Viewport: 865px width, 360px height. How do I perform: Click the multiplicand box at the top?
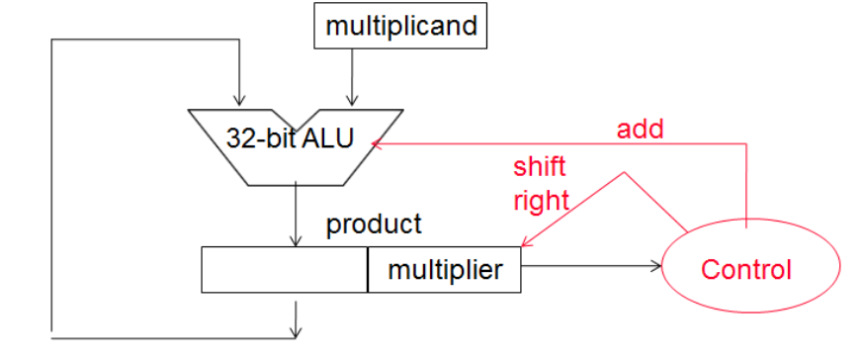[x=400, y=25]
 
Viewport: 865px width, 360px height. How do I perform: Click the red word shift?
[x=539, y=165]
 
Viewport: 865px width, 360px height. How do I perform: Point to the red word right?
[x=541, y=200]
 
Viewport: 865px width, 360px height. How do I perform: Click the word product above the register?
[x=374, y=224]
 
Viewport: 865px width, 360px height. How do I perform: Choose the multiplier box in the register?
[x=445, y=269]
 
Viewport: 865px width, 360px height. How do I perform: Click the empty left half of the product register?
[x=285, y=269]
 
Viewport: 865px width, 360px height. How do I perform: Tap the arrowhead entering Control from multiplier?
[x=657, y=265]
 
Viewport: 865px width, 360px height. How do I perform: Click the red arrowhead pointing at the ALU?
[x=377, y=144]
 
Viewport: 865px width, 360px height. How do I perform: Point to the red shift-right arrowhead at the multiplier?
[x=525, y=243]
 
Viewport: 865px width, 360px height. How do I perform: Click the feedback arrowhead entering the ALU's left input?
[x=237, y=100]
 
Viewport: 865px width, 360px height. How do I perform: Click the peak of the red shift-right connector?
[x=624, y=174]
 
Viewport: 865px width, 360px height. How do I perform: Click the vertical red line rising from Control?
[x=745, y=178]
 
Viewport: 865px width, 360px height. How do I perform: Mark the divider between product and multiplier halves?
[x=368, y=269]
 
